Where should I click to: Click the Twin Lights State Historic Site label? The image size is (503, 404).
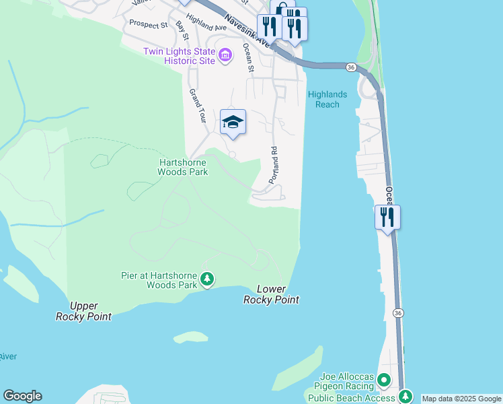[x=179, y=56]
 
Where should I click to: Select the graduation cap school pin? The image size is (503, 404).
[x=233, y=122]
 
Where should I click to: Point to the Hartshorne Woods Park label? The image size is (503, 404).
[x=183, y=167]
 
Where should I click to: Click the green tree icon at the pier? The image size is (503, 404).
[x=208, y=279]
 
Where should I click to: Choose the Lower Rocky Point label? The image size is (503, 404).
[x=271, y=295]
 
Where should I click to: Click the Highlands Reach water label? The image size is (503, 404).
[x=327, y=100]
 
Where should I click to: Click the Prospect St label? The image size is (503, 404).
[x=148, y=24]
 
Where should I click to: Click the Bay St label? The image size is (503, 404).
[x=182, y=32]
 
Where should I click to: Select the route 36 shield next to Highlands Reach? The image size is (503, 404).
[x=351, y=67]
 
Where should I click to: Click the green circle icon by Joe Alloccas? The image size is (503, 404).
[x=384, y=380]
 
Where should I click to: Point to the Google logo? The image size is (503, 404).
[x=22, y=396]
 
